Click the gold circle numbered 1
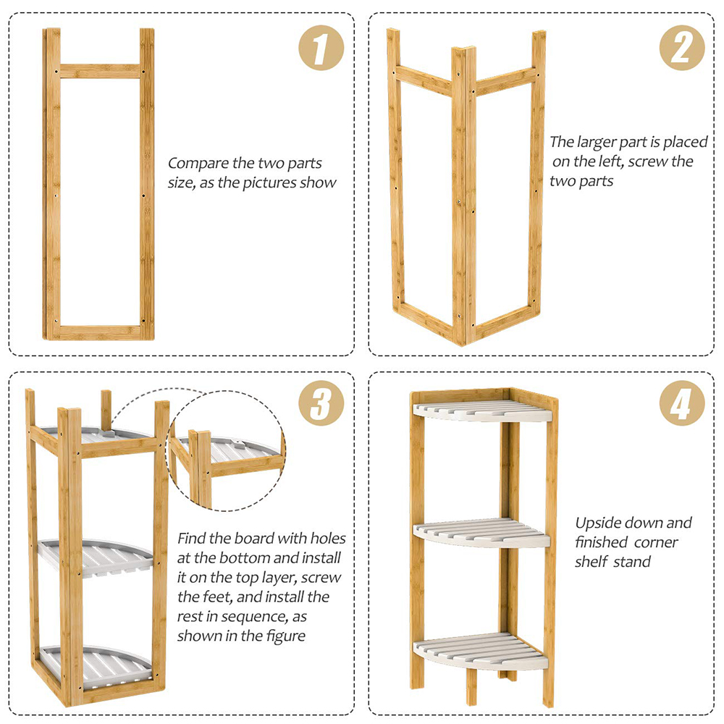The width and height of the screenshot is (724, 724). [x=321, y=48]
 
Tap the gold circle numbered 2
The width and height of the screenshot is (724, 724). [x=681, y=48]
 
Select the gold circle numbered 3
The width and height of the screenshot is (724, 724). [x=321, y=403]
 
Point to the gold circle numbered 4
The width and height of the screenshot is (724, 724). [x=681, y=403]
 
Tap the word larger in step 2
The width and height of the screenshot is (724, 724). [x=596, y=143]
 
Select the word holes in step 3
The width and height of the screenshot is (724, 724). [x=328, y=539]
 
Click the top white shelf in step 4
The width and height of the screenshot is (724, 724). [x=482, y=411]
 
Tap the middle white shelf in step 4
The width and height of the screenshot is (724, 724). [x=481, y=534]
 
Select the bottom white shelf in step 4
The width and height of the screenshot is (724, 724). [x=481, y=651]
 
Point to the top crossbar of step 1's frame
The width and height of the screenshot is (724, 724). [x=100, y=71]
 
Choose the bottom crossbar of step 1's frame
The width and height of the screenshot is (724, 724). [x=100, y=332]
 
